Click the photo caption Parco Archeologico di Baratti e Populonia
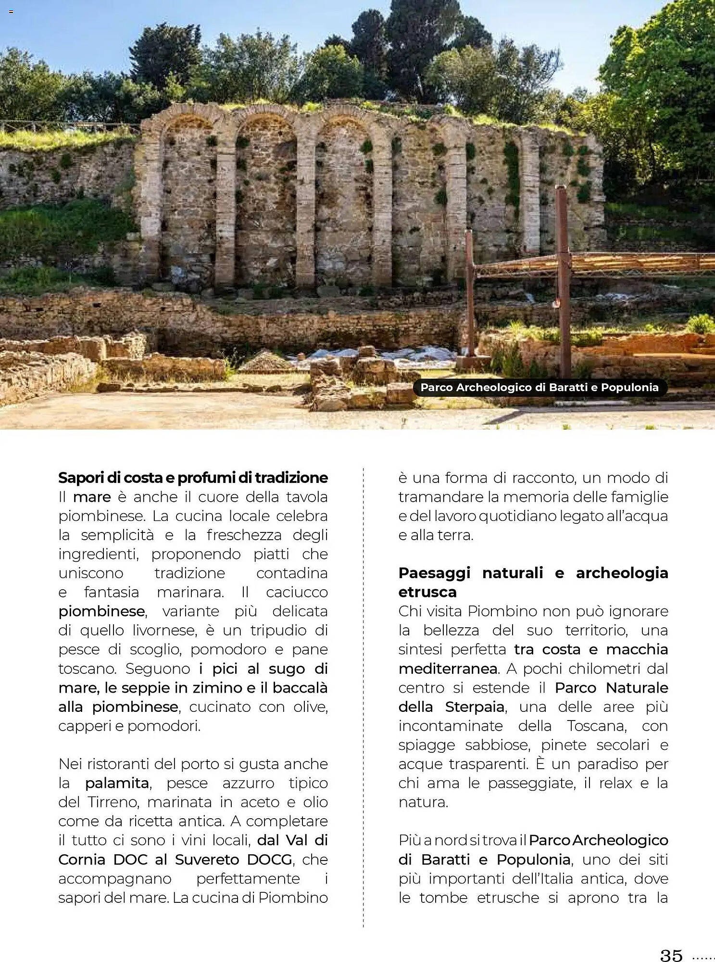click(x=539, y=387)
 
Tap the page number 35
click(x=671, y=955)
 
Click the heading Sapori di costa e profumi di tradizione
click(x=193, y=478)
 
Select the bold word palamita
click(x=117, y=783)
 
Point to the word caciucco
click(x=297, y=592)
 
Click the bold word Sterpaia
click(x=475, y=707)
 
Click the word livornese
click(x=168, y=630)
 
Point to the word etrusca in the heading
click(x=427, y=592)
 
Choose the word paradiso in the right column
click(x=611, y=764)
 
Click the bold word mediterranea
click(x=448, y=669)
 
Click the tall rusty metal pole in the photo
click(x=563, y=279)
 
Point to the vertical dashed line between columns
click(x=364, y=697)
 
